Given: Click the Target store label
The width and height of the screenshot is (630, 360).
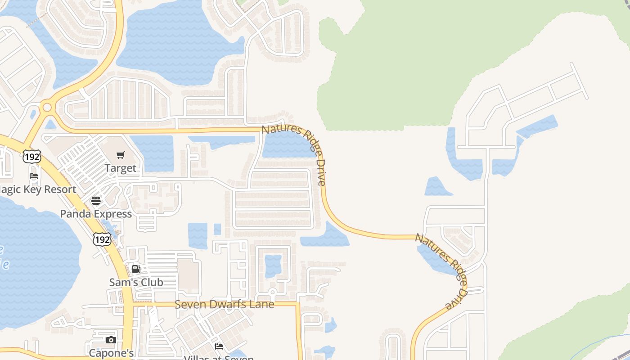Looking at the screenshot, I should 120,168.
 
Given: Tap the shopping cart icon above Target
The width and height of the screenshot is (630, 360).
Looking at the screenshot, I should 120,155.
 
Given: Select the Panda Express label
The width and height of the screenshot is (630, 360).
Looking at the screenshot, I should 96,214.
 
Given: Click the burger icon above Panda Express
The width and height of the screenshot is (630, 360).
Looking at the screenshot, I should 96,201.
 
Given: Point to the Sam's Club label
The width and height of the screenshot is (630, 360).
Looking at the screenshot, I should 136,283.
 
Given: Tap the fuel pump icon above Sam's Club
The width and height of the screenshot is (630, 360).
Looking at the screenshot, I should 136,269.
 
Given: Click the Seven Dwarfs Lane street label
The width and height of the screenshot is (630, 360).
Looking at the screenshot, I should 224,304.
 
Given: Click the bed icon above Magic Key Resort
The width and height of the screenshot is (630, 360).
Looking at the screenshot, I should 34,176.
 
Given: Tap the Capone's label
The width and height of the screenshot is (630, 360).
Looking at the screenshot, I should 111,353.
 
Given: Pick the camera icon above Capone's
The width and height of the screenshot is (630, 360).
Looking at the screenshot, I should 111,340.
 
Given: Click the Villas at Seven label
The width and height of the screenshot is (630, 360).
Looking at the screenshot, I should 219,358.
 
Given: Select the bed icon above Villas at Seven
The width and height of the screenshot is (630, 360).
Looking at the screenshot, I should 219,346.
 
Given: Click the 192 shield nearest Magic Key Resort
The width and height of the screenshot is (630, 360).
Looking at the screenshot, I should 32,157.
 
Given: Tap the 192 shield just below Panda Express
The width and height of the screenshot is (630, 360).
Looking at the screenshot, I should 102,239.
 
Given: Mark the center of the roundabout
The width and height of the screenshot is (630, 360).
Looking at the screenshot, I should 47,108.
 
